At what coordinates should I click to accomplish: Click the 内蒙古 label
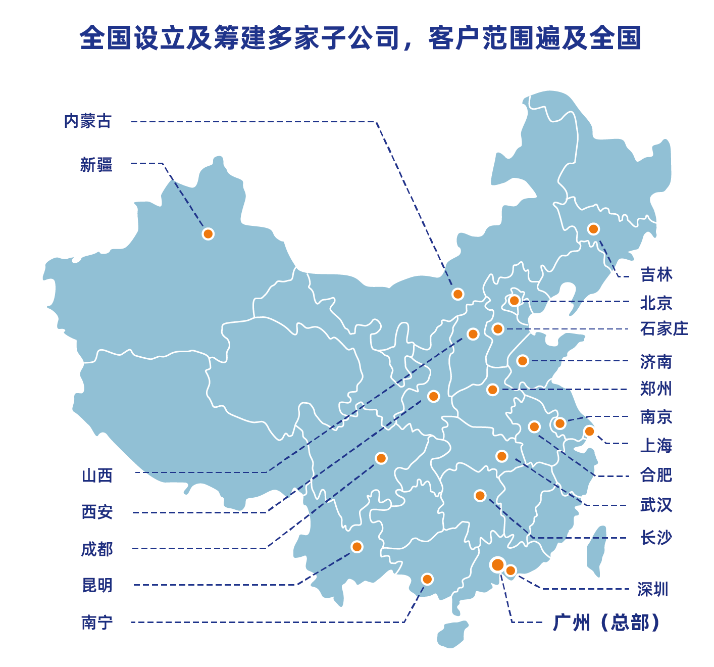click(87, 121)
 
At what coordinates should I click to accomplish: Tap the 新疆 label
click(96, 165)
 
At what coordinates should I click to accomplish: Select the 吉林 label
click(656, 275)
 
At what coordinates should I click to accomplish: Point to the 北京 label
click(656, 303)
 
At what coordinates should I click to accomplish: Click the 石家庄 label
click(664, 329)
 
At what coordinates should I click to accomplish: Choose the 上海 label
click(656, 446)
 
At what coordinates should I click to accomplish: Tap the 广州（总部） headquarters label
click(606, 623)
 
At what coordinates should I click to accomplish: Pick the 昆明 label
click(97, 585)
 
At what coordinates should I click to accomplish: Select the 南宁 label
click(97, 623)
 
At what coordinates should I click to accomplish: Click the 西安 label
click(97, 512)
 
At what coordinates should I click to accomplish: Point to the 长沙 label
click(656, 538)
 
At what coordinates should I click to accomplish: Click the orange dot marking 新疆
click(208, 234)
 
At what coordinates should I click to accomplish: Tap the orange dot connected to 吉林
click(593, 229)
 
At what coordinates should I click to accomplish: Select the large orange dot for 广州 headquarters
click(497, 564)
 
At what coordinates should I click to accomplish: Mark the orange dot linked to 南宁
click(427, 579)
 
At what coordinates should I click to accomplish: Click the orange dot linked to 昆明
click(357, 547)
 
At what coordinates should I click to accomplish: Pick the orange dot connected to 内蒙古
click(458, 294)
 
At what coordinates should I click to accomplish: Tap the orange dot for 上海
click(589, 432)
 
